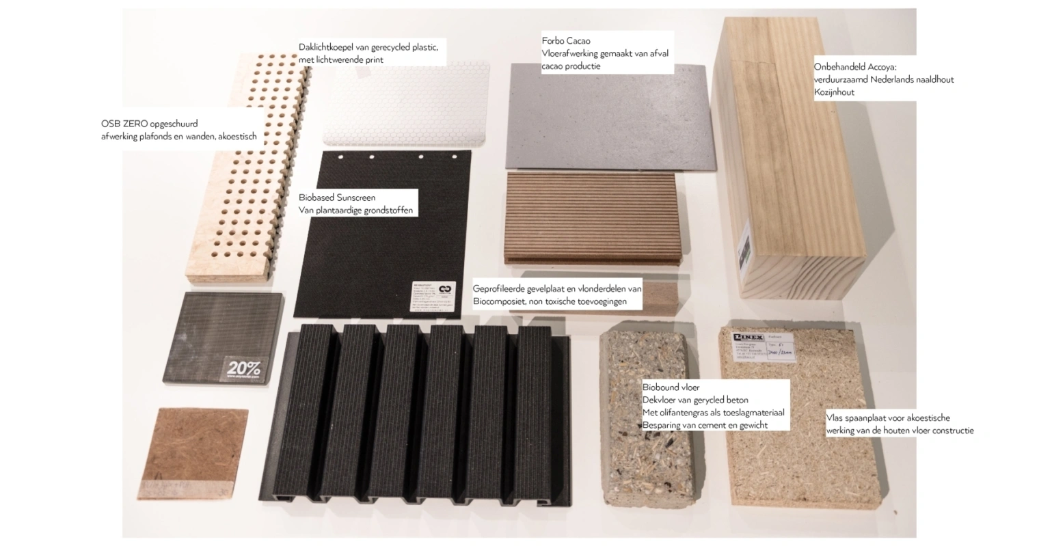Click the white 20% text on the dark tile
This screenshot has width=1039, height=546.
click(x=244, y=368)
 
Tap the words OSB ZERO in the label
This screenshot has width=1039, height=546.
click(x=125, y=124)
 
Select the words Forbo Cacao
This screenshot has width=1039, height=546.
click(x=566, y=41)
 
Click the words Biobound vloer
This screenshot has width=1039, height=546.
click(x=671, y=387)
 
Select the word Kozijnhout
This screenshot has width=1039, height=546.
click(x=834, y=92)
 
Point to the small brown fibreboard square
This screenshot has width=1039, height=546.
click(x=193, y=451)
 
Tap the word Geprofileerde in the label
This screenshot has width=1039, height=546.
click(x=500, y=288)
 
